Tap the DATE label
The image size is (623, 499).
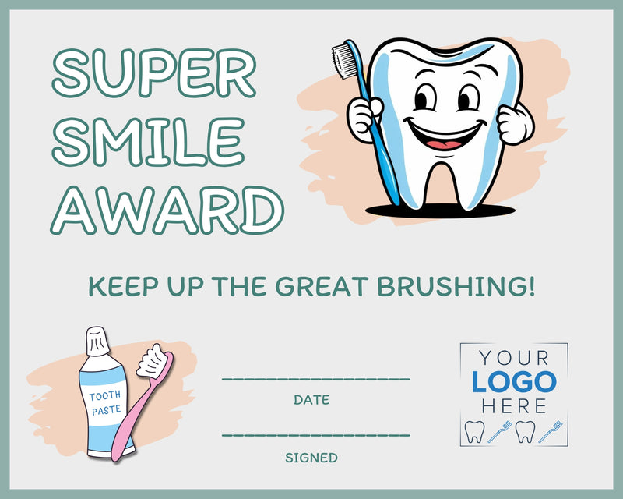click(311, 400)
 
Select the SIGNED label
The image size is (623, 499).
click(311, 458)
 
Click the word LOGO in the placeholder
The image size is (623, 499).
click(514, 382)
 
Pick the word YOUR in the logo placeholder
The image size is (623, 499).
click(514, 359)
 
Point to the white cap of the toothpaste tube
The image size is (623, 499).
click(97, 341)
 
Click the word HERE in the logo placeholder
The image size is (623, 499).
click(514, 405)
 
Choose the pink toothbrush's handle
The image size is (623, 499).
click(128, 425)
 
